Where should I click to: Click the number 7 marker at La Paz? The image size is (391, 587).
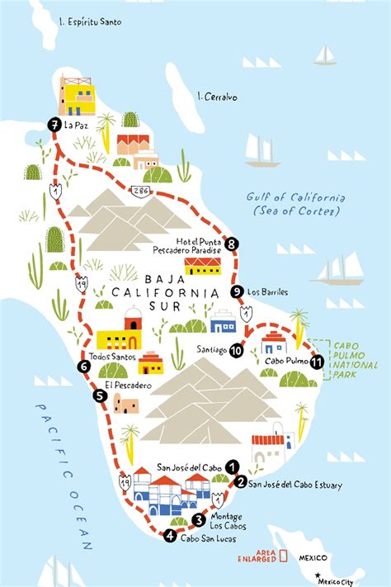(54, 125)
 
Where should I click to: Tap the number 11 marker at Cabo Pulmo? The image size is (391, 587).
(315, 361)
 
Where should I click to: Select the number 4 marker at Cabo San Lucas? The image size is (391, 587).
(169, 536)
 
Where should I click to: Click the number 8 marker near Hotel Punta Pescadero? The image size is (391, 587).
(233, 244)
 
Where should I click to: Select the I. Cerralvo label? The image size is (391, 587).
(218, 97)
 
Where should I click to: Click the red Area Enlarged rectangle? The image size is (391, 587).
(283, 556)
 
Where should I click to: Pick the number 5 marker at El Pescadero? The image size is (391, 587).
(100, 395)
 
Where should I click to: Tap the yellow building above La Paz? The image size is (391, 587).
(78, 96)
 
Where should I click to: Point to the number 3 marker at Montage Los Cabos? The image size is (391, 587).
(198, 519)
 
